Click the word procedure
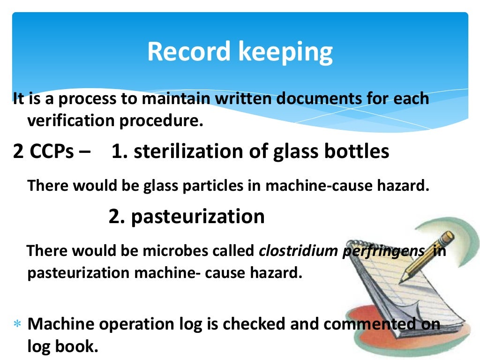167,121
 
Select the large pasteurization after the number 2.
198,216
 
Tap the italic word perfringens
381,251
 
